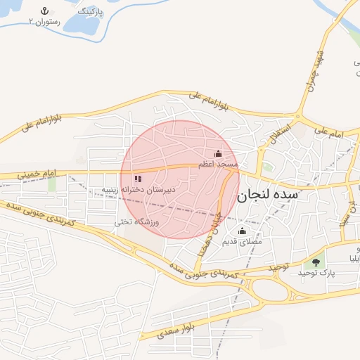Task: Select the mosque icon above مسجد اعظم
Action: (218, 153)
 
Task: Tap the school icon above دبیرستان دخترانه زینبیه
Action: (138, 179)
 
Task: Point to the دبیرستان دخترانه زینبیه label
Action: (137, 190)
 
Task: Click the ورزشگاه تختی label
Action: (138, 222)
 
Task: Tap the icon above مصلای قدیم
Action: (243, 231)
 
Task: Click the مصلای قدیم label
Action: (242, 241)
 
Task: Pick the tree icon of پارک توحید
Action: (316, 262)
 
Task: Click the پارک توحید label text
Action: (314, 272)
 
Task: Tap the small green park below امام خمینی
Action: (51, 184)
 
